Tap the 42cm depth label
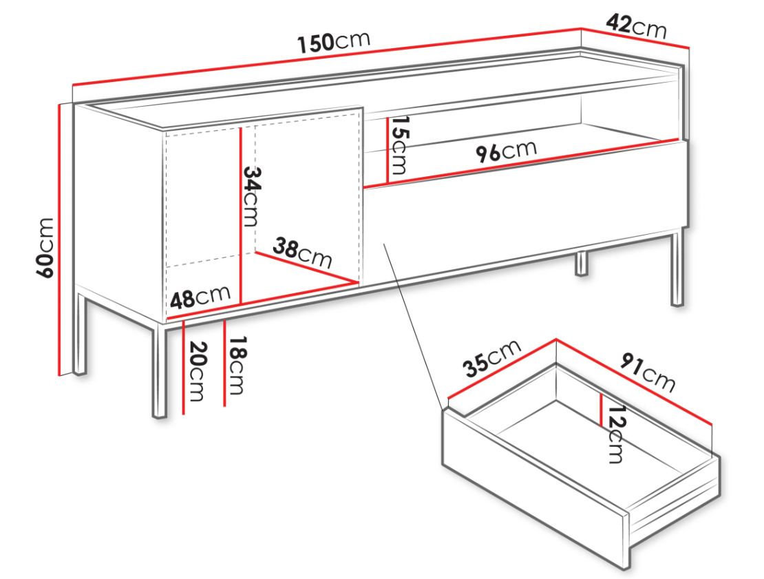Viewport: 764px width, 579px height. click(x=637, y=26)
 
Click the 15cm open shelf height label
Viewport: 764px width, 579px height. click(x=399, y=145)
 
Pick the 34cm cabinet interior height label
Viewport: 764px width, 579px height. click(x=251, y=196)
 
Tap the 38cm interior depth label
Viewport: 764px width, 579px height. click(x=303, y=253)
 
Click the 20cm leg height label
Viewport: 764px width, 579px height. click(x=198, y=371)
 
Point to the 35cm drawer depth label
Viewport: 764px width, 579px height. click(x=492, y=359)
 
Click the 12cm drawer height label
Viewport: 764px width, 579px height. click(x=615, y=434)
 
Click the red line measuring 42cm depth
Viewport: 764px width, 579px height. click(x=635, y=38)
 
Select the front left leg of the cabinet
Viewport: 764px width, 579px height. click(x=160, y=372)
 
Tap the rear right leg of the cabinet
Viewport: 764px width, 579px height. click(x=582, y=264)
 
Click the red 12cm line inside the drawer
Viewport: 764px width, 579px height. click(x=602, y=410)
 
